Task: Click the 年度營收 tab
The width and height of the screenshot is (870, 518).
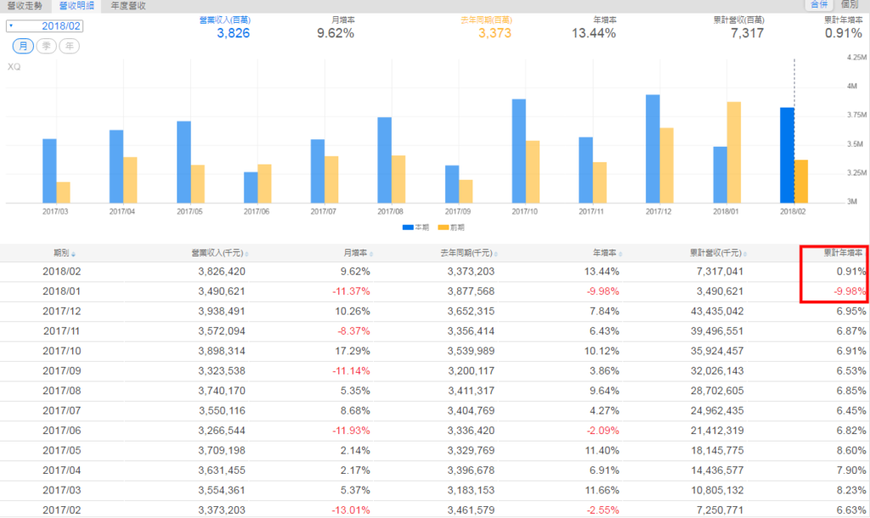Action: (128, 5)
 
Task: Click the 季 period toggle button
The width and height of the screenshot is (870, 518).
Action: (45, 45)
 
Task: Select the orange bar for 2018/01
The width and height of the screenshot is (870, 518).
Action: (733, 151)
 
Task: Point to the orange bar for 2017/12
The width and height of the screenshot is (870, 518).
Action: (666, 165)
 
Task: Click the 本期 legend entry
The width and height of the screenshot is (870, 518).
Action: (415, 228)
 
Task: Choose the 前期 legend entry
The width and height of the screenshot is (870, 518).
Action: (451, 228)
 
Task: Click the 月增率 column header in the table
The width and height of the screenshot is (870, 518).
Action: (354, 252)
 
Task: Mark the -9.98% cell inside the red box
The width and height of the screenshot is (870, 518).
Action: (849, 291)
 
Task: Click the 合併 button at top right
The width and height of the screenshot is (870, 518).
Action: (819, 5)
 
